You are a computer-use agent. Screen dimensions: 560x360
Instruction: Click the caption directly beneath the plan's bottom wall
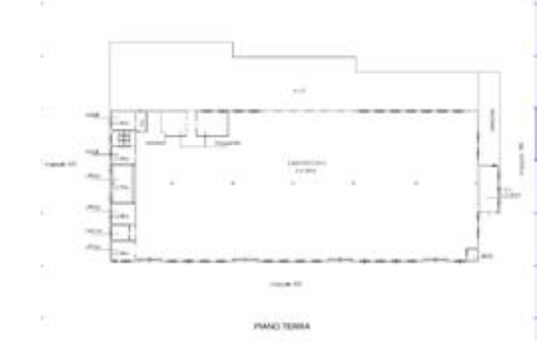click(x=287, y=288)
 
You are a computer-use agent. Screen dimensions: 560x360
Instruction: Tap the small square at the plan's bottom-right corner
click(x=472, y=255)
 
